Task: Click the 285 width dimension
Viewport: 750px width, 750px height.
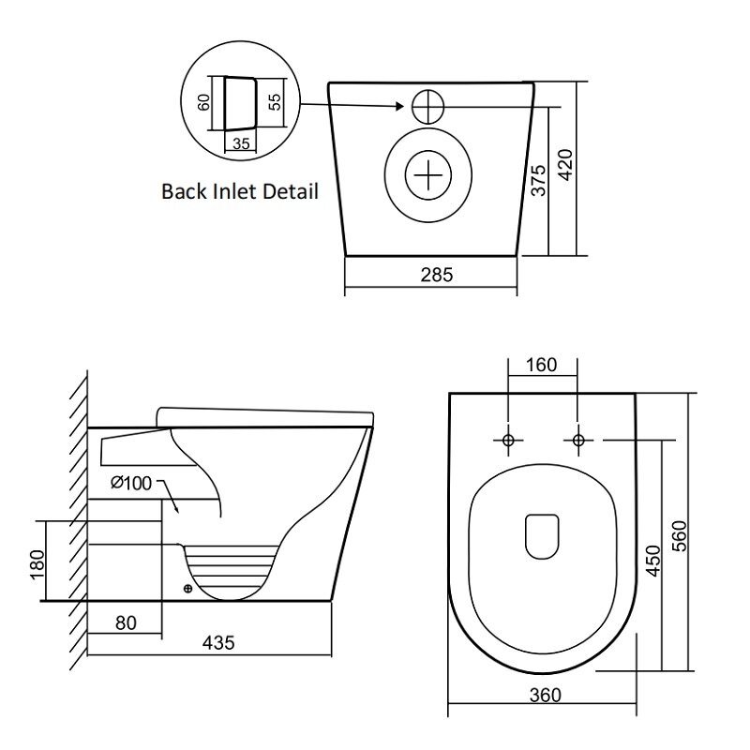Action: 436,275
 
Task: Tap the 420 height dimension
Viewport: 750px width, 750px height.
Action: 566,165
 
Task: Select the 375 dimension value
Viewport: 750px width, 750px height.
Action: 538,180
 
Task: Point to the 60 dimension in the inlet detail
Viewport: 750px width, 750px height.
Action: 203,102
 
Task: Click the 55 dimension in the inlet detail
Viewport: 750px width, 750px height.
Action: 275,102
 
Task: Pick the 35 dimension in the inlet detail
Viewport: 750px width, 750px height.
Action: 241,143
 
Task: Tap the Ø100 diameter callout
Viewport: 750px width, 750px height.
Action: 131,483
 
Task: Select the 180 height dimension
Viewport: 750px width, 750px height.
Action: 37,565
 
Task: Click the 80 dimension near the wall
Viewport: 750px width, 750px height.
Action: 126,622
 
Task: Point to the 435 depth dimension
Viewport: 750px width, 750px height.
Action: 218,643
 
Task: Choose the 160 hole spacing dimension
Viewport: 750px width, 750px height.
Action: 542,365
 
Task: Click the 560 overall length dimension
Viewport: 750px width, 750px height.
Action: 679,535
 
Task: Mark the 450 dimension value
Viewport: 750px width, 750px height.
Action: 652,561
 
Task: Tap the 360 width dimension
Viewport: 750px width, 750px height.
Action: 546,695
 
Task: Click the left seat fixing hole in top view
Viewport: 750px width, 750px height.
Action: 508,440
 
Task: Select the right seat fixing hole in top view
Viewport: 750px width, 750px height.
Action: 578,440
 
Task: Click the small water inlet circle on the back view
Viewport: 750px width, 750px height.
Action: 428,106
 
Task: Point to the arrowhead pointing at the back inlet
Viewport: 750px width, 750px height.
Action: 400,106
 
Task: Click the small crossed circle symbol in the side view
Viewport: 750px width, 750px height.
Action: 188,589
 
